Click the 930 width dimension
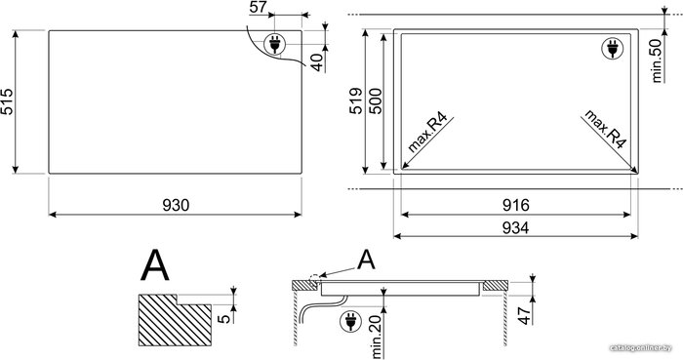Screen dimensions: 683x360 tap(176, 205)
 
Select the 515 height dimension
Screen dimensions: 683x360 tap(8, 101)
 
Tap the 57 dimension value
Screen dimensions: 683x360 tap(259, 7)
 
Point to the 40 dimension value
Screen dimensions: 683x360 tap(317, 61)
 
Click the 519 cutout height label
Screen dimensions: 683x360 tap(356, 101)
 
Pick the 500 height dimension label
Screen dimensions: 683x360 tap(375, 101)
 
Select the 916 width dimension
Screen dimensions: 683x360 tap(516, 205)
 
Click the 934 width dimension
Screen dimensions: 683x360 tap(516, 227)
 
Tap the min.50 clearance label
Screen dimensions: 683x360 tap(656, 60)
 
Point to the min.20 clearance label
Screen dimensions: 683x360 tap(376, 336)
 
